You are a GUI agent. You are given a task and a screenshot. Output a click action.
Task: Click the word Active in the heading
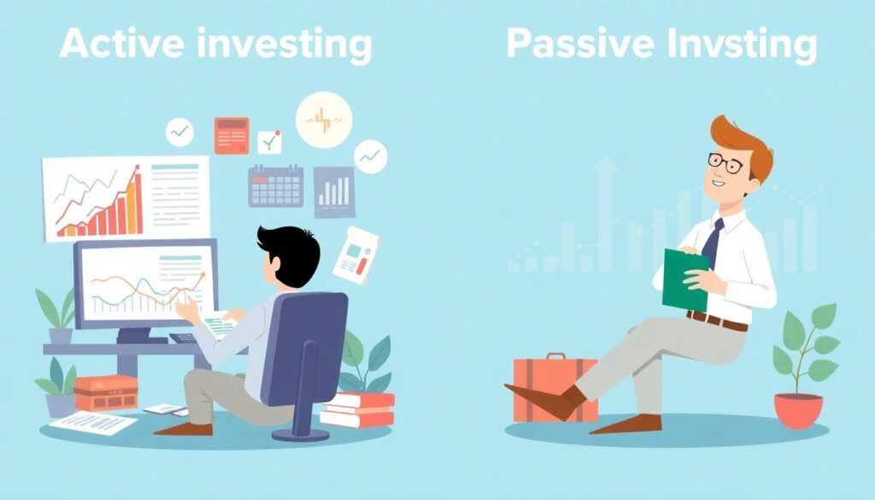[121, 43]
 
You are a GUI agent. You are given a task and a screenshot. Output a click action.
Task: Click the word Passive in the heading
[580, 43]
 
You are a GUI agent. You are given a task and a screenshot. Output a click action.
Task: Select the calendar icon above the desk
[276, 185]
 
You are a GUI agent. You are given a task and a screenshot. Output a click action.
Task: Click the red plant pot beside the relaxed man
[798, 410]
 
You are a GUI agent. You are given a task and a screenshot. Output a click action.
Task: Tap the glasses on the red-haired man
[725, 162]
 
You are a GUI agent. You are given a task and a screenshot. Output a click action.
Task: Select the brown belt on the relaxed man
[717, 321]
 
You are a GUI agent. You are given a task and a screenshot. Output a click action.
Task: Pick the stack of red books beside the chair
[357, 409]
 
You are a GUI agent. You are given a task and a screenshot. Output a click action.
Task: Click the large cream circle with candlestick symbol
[324, 120]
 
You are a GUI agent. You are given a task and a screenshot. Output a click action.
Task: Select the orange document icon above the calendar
[232, 136]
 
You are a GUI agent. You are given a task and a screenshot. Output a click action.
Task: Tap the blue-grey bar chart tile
[334, 192]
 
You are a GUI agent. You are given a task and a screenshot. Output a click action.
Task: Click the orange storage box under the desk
[105, 393]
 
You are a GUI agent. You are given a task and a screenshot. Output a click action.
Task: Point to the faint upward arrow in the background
[605, 213]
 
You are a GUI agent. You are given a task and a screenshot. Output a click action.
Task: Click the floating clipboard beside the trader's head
[356, 255]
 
